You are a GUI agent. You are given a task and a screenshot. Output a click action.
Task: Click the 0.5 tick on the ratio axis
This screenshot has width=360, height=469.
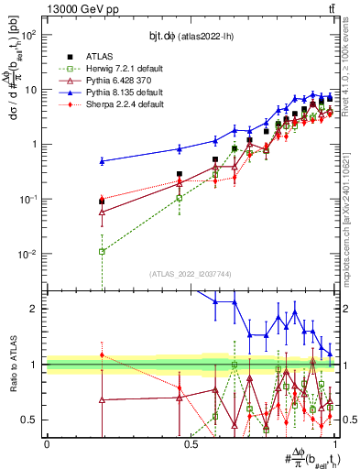click(x=30, y=420)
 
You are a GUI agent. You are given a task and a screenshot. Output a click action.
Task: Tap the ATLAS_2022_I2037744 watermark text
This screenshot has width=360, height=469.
click(x=189, y=274)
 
